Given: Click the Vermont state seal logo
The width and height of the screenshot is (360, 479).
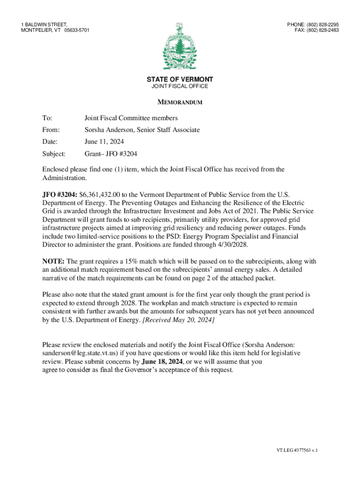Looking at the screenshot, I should pyautogui.click(x=180, y=46).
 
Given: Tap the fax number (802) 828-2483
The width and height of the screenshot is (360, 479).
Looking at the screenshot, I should pyautogui.click(x=323, y=30).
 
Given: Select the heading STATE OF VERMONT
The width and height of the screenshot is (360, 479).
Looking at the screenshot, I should pyautogui.click(x=180, y=80).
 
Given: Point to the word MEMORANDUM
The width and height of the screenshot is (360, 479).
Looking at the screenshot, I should pyautogui.click(x=180, y=102).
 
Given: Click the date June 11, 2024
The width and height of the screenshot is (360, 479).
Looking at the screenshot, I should pyautogui.click(x=104, y=141).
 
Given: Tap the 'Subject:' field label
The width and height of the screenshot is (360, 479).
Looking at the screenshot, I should pyautogui.click(x=54, y=153).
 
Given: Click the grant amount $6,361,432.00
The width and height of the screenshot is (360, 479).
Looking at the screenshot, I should pyautogui.click(x=102, y=194).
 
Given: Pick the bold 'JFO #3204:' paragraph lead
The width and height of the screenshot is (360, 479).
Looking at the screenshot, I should pyautogui.click(x=60, y=194).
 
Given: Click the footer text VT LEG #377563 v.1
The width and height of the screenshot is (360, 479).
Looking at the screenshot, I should pyautogui.click(x=296, y=450).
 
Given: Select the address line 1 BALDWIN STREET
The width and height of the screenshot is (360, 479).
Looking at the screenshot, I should pyautogui.click(x=44, y=24).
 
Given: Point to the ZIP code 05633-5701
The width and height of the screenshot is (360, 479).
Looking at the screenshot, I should pyautogui.click(x=76, y=30).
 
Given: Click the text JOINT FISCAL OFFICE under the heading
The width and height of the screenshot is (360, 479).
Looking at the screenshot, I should pyautogui.click(x=180, y=87).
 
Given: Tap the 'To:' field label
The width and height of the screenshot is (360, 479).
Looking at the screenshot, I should pyautogui.click(x=47, y=118).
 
